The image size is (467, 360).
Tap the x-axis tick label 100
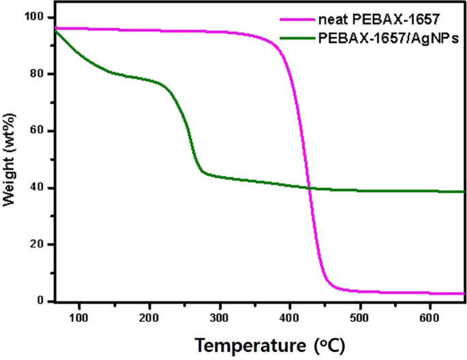coord(80,317)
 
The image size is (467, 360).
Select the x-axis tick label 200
coord(149,317)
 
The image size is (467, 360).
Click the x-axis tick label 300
coord(220,317)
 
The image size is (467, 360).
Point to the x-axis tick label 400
coord(290,317)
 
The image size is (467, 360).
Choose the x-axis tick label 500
coord(359,317)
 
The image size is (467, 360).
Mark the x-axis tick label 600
coord(430,317)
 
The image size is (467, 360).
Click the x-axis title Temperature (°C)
coord(258,345)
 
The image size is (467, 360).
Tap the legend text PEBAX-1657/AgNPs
coord(388,39)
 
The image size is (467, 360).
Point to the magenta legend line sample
coord(297,21)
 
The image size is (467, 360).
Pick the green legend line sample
coord(297,39)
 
